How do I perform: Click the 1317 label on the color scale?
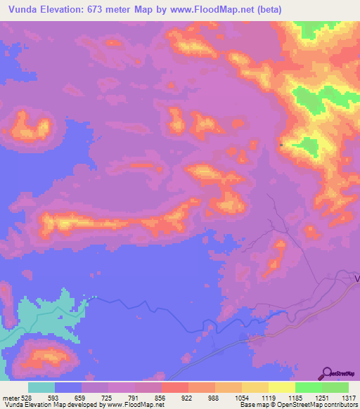(x=340, y=397)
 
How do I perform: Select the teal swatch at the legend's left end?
(x=41, y=387)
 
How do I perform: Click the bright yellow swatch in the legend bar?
(x=281, y=387)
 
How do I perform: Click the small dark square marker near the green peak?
(x=281, y=145)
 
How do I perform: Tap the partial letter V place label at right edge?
(x=356, y=278)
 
